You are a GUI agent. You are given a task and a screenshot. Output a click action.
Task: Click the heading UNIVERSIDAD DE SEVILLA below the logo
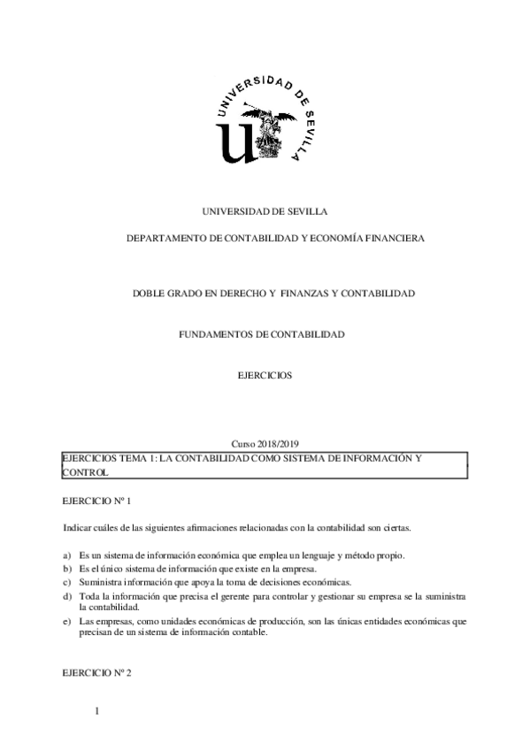265,212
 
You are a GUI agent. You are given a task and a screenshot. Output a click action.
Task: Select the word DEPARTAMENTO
165,239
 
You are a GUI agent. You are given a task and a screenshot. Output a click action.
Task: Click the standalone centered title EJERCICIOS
265,375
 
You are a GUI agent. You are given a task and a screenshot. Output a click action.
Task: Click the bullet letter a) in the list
67,555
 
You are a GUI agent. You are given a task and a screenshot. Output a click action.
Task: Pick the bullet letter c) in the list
67,582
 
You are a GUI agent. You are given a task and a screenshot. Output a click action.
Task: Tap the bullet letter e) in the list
67,622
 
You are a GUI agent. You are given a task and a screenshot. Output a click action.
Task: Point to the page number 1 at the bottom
96,713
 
